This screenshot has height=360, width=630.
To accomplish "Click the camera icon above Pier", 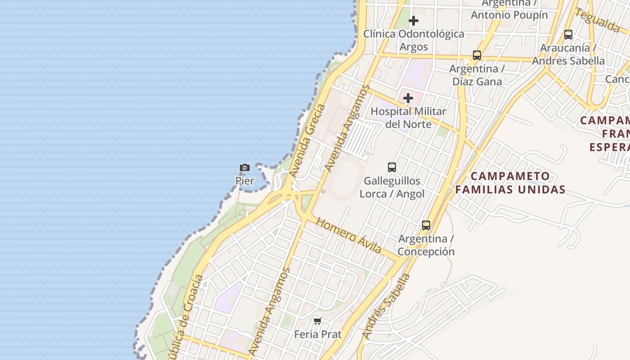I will tap(244, 168).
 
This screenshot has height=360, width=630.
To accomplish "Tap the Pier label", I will tap(245, 181).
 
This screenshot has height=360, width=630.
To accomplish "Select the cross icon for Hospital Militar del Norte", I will tap(408, 98).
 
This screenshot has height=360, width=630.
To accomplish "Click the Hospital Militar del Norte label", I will tap(408, 117).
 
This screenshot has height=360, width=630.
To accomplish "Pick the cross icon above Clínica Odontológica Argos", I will tap(414, 21).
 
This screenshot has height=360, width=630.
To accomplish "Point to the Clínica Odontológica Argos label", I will tap(414, 40).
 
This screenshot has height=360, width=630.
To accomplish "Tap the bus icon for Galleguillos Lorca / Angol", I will tap(392, 167).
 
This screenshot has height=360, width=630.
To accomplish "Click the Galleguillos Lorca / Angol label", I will tap(392, 187).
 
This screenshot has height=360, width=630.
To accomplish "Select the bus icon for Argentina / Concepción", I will tap(426, 225).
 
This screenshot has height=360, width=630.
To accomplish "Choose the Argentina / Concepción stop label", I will tap(426, 245).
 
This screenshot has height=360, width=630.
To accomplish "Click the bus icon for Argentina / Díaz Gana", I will tap(477, 55).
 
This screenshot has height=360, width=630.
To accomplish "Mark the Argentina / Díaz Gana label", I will tap(477, 75).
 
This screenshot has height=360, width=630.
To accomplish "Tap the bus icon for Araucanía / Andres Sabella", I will tap(568, 34).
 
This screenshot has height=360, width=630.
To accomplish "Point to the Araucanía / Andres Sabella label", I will tap(568, 54).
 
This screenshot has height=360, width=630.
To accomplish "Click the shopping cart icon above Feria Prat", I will tap(318, 321).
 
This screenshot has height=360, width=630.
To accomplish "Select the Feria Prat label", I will tap(318, 334).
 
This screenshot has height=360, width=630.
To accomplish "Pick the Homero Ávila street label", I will tap(349, 235).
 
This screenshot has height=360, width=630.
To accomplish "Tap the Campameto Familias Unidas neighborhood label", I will tap(510, 182).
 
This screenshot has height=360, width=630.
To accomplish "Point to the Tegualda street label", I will tap(597, 21).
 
